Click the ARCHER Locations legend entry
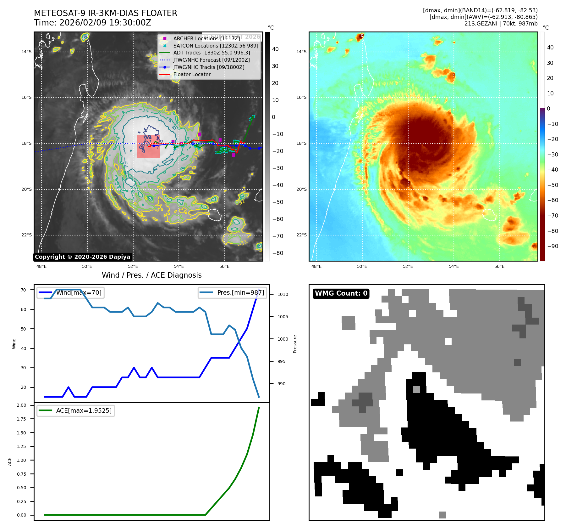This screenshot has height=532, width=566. [206, 38]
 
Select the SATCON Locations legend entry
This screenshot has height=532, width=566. [216, 46]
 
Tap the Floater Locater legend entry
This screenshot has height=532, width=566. [192, 74]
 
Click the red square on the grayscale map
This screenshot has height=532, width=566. [148, 146]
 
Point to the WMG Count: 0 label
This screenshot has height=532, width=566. [341, 293]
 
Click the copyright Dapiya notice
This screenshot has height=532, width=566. [82, 257]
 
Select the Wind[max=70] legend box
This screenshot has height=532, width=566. [71, 292]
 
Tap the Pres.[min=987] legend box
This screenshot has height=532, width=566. [232, 292]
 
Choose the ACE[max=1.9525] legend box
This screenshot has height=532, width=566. [76, 410]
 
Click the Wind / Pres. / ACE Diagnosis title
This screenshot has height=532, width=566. [152, 275]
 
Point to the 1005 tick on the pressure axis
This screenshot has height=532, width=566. [283, 317]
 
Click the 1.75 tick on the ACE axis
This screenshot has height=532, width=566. [21, 419]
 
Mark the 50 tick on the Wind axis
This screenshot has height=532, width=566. [23, 329]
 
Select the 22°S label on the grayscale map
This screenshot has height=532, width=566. [26, 235]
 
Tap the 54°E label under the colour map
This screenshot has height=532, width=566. [453, 266]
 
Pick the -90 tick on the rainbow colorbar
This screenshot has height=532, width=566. [552, 246]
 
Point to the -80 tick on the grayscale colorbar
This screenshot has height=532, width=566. [278, 253]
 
